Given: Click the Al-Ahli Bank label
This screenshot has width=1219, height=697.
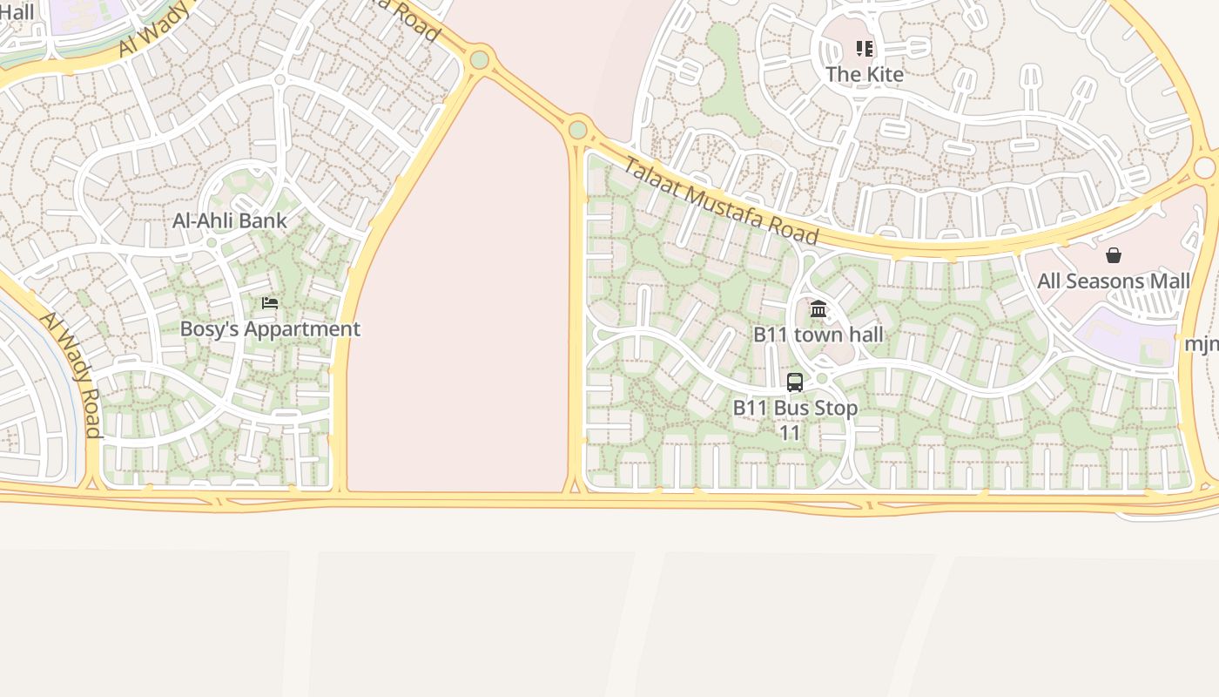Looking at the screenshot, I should (229, 220).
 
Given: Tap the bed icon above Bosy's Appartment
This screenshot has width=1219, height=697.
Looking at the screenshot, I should (270, 303).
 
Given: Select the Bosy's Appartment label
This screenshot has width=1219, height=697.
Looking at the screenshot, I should (270, 329).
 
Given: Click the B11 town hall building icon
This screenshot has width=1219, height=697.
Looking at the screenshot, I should (818, 308).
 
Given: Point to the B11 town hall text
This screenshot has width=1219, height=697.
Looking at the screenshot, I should (818, 335).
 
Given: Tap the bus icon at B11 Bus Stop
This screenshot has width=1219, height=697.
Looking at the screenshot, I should (795, 382).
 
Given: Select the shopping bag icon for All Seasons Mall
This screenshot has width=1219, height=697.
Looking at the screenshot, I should (1113, 255).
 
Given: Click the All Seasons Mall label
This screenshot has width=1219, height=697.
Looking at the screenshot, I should (1113, 281).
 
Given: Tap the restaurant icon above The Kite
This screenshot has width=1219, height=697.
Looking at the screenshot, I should (864, 49).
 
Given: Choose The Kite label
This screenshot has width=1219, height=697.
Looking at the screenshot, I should (864, 75).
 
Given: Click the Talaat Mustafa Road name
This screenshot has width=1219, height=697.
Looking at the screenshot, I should (722, 201).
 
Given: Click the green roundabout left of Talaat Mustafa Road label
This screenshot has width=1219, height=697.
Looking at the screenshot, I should (577, 131).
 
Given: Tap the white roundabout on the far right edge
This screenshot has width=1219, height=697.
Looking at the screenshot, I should (1205, 167).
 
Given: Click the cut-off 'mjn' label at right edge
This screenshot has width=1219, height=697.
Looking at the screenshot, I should (1202, 344).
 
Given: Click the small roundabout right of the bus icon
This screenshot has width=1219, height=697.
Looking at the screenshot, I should (821, 378).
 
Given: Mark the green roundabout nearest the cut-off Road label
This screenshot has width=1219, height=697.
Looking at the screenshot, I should (479, 60).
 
